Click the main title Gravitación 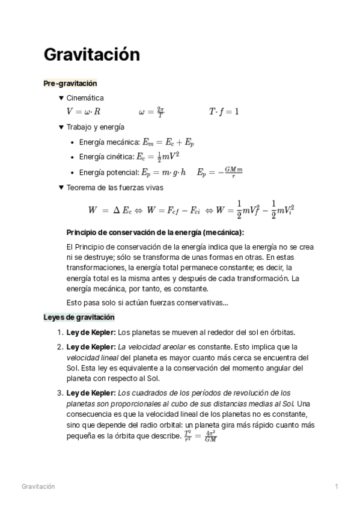tap(91, 55)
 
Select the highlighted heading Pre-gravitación tap(70, 84)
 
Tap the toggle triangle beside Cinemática tap(61, 98)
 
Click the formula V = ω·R tap(84, 112)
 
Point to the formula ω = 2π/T tap(151, 112)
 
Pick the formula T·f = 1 tap(224, 112)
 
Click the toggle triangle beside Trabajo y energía tap(61, 127)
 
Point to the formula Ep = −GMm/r tap(220, 172)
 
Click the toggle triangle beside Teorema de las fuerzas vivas tap(61, 188)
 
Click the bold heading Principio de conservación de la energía tap(155, 233)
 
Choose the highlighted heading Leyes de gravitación tap(79, 317)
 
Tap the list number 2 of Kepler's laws tap(59, 347)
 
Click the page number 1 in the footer tap(337, 487)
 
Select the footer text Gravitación tap(38, 487)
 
